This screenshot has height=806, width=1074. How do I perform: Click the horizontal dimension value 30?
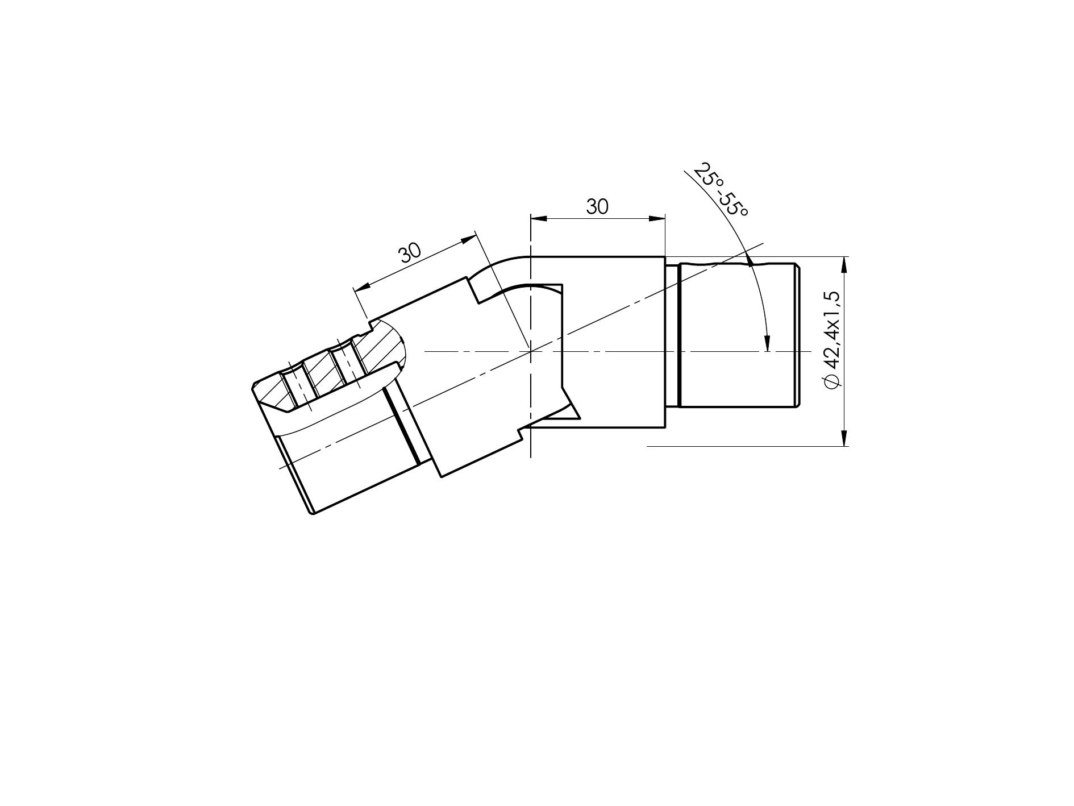(597, 207)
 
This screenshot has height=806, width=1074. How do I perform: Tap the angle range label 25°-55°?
(721, 190)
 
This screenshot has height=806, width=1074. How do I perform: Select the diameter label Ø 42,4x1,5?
(831, 340)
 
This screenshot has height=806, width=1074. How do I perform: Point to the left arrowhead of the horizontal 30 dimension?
(538, 218)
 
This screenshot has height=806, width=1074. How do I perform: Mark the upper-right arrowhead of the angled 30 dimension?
(468, 239)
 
